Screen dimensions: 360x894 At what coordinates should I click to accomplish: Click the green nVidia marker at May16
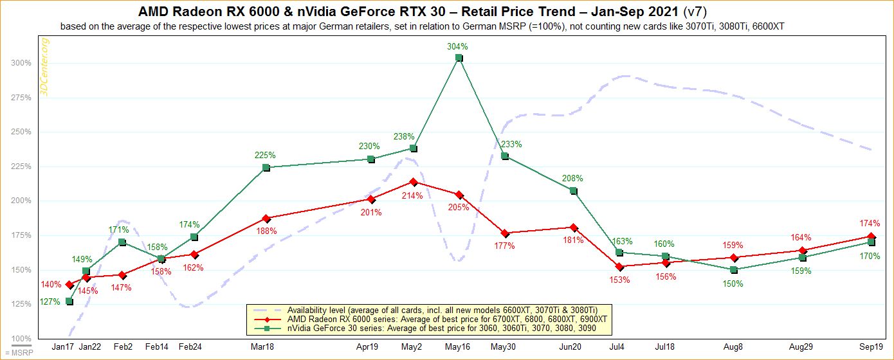pos(459,58)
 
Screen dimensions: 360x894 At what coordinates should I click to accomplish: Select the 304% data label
pos(458,46)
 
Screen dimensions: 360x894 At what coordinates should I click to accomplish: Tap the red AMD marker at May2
pos(414,182)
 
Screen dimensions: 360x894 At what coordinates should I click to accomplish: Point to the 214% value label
pos(414,195)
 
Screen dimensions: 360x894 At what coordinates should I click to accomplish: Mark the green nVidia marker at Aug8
pos(733,270)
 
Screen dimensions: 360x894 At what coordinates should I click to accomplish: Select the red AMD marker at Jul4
pos(619,267)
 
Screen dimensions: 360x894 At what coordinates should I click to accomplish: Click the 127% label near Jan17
pos(50,301)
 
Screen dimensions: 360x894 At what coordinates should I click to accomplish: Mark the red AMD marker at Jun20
pos(573,228)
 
